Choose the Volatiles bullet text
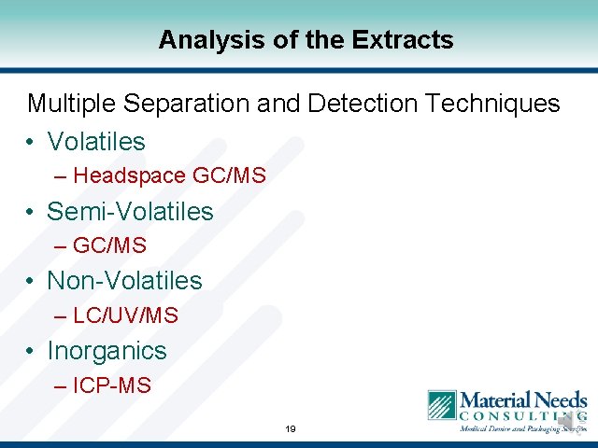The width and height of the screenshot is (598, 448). tap(96, 142)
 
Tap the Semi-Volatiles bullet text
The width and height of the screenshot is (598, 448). tap(130, 212)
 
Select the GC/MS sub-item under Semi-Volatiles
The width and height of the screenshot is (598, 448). tap(109, 245)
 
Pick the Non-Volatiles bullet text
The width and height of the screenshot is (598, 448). tap(124, 281)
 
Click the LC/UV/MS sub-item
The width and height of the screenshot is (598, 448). tap(125, 315)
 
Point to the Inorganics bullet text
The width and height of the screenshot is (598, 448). tap(107, 351)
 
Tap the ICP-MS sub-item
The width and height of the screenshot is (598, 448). tap(111, 385)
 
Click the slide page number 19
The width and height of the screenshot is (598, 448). tap(291, 429)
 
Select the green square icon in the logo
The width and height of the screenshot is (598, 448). tap(441, 405)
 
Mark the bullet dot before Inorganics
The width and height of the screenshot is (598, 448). tap(31, 352)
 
